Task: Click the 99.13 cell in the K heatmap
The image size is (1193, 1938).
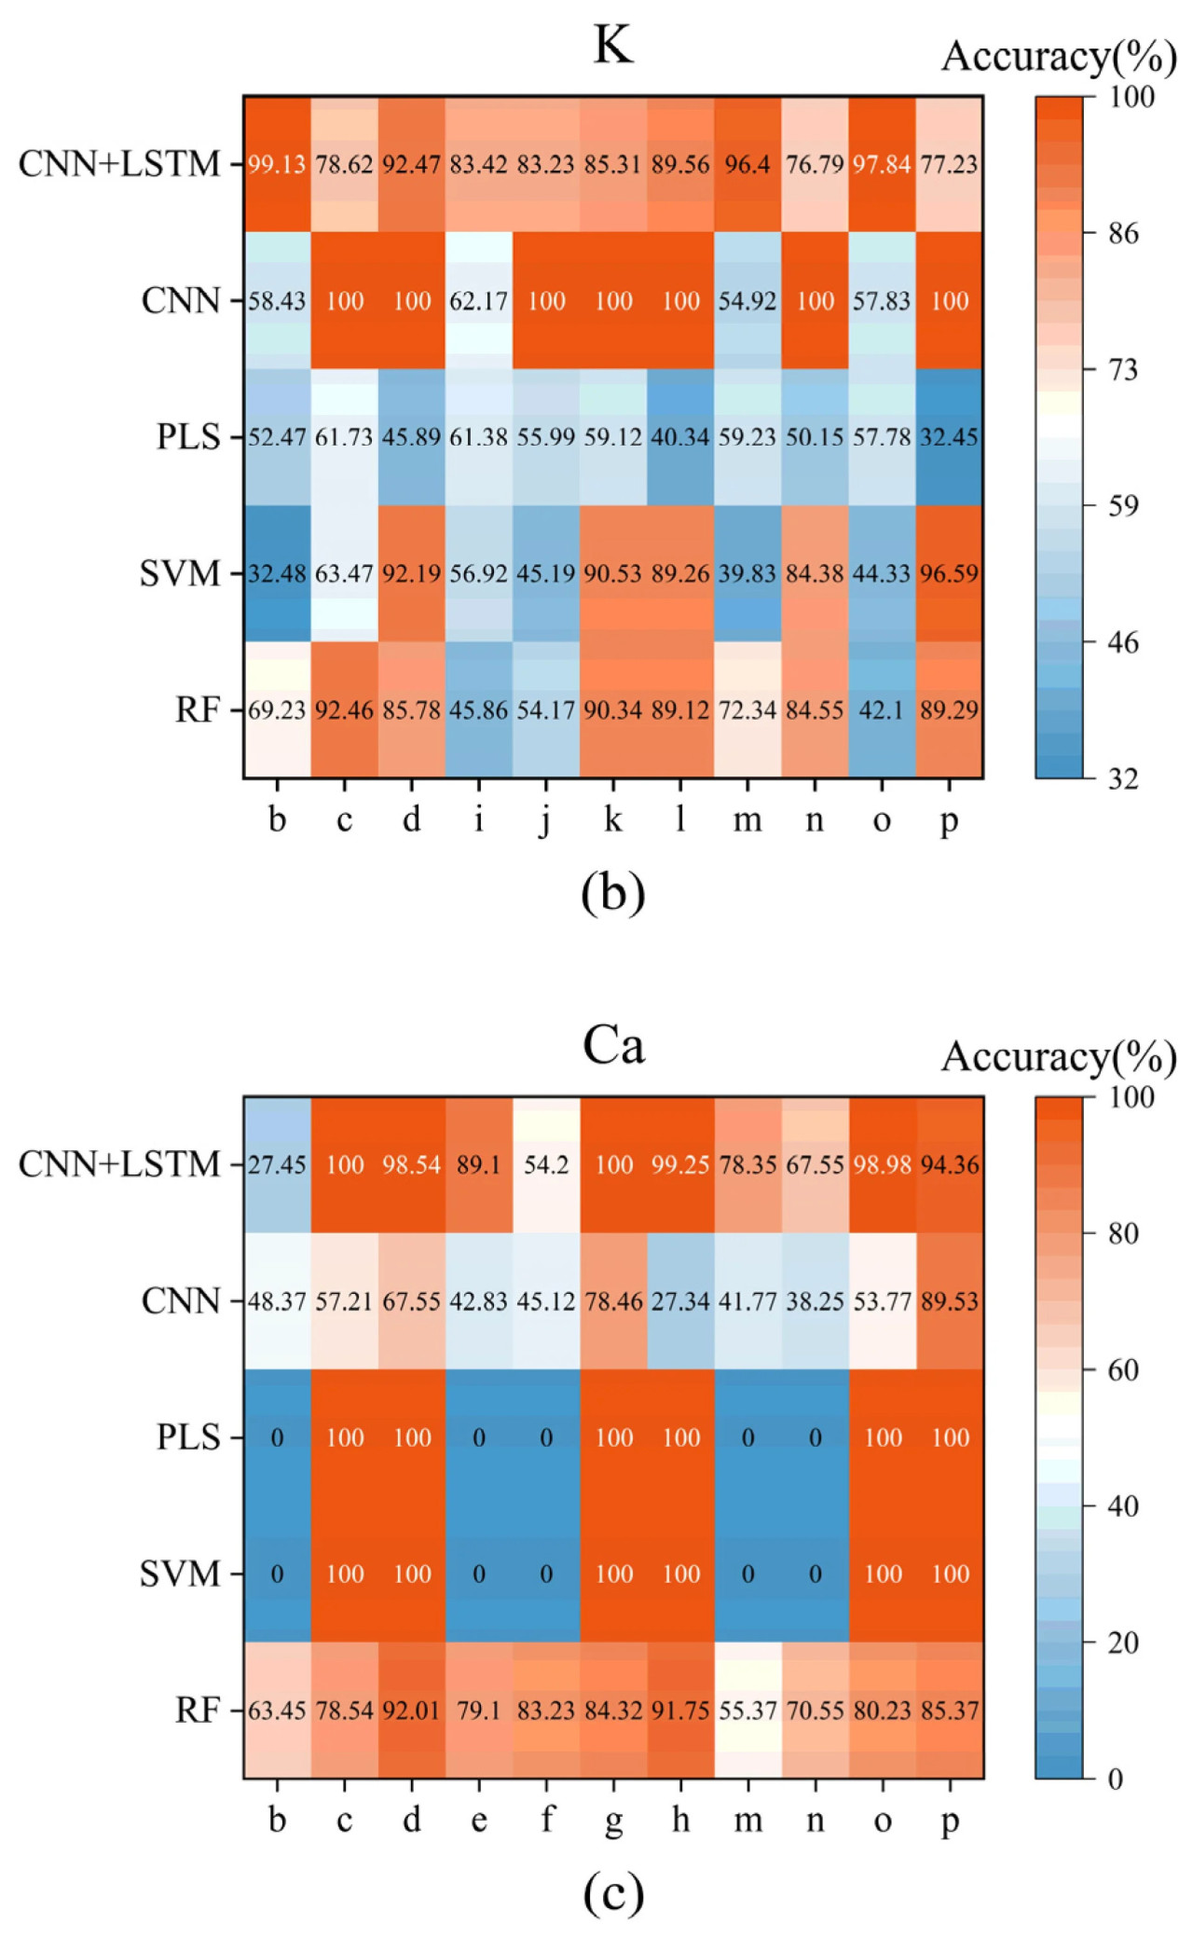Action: click(277, 164)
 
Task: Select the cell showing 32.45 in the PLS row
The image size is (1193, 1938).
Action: click(949, 436)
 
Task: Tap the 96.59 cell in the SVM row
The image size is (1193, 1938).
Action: click(949, 572)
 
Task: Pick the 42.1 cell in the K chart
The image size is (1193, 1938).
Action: click(882, 709)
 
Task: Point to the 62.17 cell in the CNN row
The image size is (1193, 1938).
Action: click(479, 300)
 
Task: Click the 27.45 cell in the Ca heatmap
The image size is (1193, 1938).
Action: click(277, 1164)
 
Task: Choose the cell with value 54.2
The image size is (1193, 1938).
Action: click(546, 1164)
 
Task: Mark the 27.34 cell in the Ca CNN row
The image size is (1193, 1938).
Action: click(680, 1300)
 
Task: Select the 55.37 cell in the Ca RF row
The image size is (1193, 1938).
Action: click(747, 1710)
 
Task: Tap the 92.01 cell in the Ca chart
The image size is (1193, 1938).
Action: click(412, 1710)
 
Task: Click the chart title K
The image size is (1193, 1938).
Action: click(613, 45)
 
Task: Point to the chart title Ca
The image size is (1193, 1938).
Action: click(613, 1045)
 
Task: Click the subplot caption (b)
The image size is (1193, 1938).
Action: click(612, 892)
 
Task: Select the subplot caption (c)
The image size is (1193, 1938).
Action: click(612, 1892)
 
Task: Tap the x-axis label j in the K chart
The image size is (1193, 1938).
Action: click(546, 820)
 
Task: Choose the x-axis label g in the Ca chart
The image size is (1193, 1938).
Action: click(613, 1821)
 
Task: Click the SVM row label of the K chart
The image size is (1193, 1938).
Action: click(179, 573)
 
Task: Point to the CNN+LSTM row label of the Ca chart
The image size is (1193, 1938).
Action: click(119, 1164)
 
